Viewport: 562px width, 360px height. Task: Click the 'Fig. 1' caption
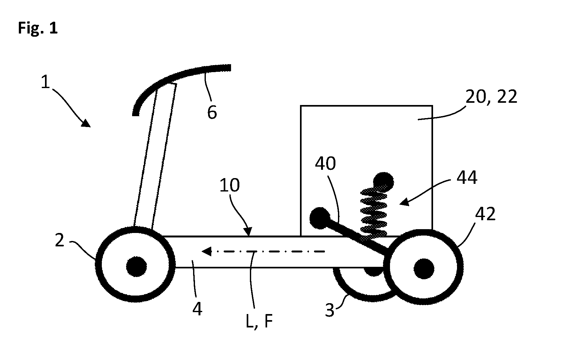point(38,28)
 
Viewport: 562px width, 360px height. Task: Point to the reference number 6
point(212,112)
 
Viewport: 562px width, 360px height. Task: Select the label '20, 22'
point(491,97)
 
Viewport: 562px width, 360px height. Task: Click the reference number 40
point(325,164)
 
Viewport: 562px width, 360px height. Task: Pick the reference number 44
point(467,178)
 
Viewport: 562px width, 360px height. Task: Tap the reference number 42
point(485,214)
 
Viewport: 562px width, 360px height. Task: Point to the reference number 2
point(60,241)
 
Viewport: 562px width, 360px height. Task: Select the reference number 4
point(197,309)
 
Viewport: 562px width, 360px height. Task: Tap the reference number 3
point(330,310)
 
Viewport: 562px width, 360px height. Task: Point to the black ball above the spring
point(384,182)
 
